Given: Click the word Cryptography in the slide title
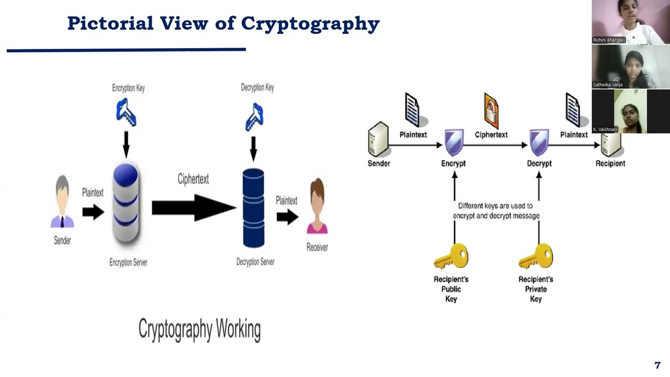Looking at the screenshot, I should tap(310, 24).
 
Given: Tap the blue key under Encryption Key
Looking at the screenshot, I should tap(126, 113).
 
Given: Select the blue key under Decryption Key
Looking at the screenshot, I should tap(254, 117).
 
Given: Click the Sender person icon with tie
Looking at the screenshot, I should tap(62, 202).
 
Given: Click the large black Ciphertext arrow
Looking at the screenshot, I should tap(194, 208).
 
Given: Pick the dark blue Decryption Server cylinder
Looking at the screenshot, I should tap(253, 208).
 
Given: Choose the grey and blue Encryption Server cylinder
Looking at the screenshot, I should tap(126, 203).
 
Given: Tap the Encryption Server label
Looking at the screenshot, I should tap(128, 262).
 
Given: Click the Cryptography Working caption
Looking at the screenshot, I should tap(199, 329).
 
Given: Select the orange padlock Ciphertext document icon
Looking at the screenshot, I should tap(491, 110).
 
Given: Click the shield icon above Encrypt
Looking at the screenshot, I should tap(453, 142).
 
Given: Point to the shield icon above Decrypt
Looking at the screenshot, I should tap(539, 142).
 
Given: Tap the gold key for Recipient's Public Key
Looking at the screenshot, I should tap(451, 257).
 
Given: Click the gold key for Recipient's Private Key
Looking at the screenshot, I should tap(536, 257).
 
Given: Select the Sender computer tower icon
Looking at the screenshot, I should tap(378, 139).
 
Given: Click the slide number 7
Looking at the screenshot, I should tap(657, 365).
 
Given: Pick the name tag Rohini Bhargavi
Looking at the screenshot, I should tap(609, 40).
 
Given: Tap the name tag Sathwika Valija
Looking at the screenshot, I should tap(608, 84).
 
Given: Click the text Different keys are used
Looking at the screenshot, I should tap(495, 206).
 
